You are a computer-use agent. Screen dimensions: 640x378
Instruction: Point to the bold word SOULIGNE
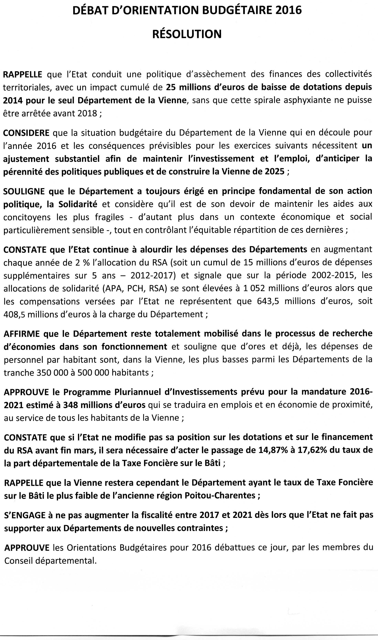coord(24,191)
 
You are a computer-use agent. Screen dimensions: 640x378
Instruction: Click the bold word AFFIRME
coord(22,334)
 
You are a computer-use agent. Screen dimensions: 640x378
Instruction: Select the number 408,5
coord(14,314)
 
